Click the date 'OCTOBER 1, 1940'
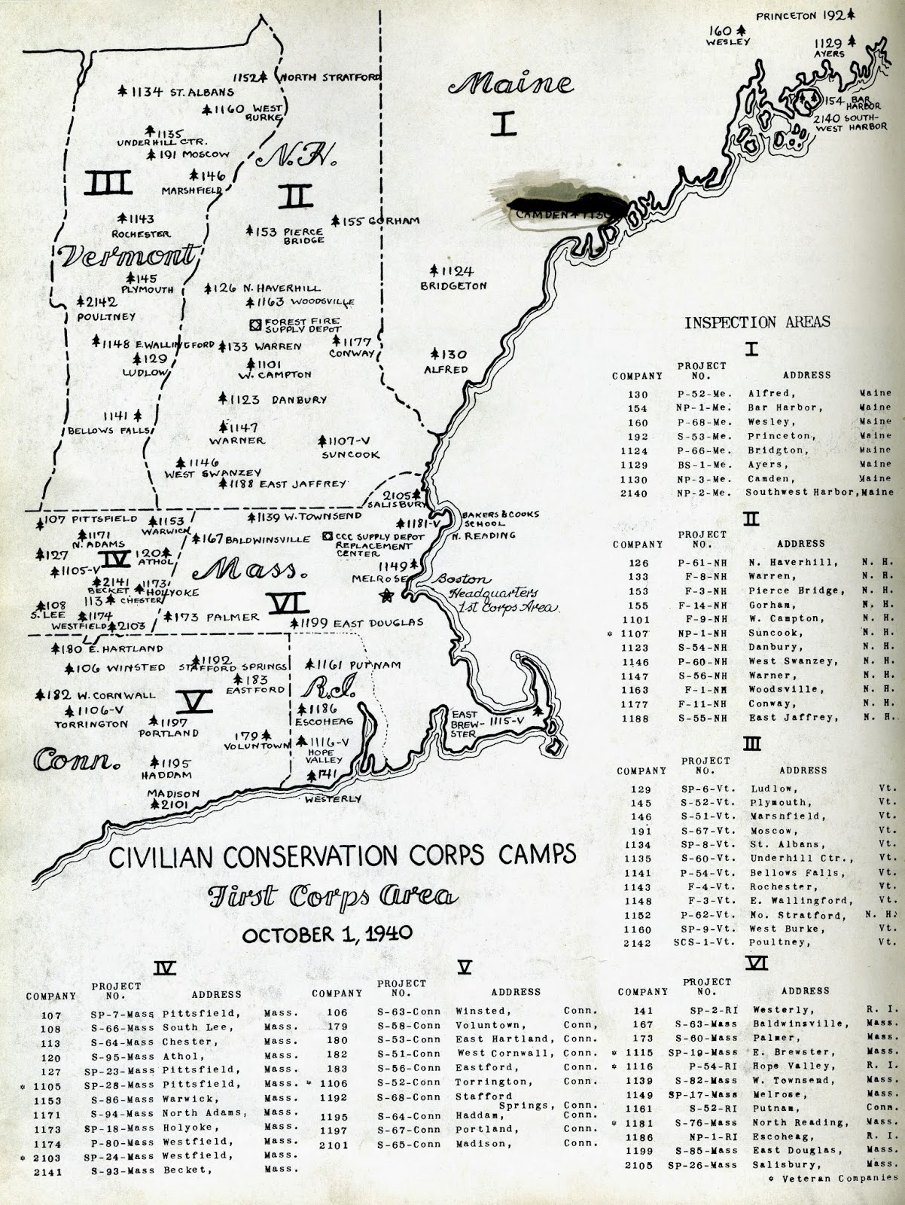coord(327,934)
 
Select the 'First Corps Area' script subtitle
coord(332,896)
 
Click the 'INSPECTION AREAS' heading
coord(757,322)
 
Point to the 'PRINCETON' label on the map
coord(787,15)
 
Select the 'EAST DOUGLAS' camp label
coord(378,623)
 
